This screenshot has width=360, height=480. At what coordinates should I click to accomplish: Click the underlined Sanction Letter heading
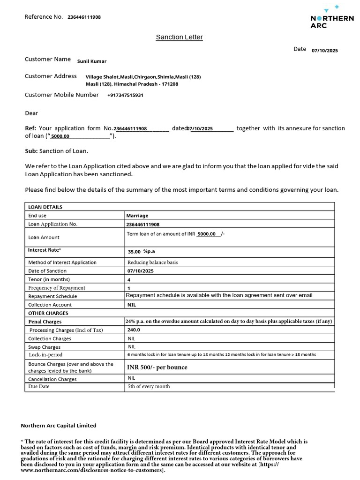coord(179,37)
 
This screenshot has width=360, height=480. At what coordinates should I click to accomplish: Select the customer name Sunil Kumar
coord(92,61)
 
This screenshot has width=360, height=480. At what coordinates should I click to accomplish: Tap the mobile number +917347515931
coord(125,95)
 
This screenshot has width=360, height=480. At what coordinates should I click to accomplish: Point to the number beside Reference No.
coord(84,17)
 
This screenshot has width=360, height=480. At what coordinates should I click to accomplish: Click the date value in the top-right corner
coord(324,51)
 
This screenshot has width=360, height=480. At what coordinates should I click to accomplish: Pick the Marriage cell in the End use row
coord(137,216)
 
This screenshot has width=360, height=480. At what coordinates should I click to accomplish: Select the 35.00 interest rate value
coord(134,252)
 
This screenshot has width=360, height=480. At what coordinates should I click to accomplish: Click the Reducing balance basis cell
coord(152,262)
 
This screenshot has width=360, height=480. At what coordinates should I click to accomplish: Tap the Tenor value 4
coord(129,279)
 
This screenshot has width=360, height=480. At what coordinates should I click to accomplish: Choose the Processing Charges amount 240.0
coord(134,330)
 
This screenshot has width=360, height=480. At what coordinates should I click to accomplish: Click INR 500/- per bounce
coord(157,367)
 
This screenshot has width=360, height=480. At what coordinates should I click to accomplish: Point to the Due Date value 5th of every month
coord(149,387)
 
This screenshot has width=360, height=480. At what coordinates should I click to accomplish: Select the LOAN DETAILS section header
coord(45,207)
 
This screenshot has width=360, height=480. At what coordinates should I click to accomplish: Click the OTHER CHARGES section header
coord(48,313)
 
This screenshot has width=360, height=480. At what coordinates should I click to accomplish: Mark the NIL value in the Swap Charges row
coord(132,347)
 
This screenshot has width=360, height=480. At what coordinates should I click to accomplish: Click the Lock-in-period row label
coord(45,355)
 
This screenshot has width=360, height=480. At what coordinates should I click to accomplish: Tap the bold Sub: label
coord(31,151)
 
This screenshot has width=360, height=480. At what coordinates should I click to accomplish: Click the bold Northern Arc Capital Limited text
coord(59,426)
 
